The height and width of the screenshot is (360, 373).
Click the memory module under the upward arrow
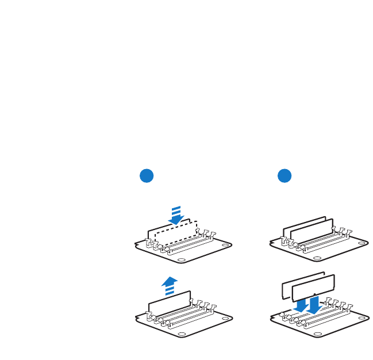[x=168, y=304]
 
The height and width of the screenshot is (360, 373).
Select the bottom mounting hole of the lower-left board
[x=182, y=334]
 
